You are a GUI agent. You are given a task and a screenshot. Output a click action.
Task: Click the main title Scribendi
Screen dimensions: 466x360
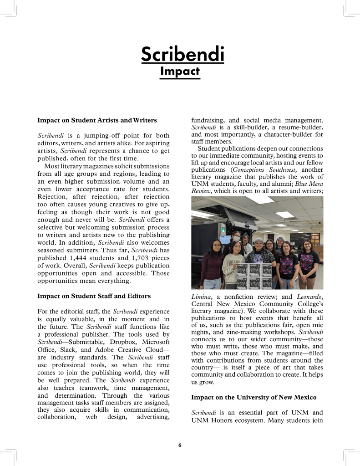coord(183,54)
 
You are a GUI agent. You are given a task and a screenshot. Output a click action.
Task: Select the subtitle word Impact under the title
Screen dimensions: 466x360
coord(180,72)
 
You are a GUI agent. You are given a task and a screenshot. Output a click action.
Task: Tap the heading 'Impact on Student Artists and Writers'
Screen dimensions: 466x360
coord(97,120)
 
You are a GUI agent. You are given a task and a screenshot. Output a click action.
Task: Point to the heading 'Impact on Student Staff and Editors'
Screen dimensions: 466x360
coord(94,296)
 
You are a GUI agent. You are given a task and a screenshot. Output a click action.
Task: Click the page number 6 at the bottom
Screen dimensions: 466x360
coord(180,445)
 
